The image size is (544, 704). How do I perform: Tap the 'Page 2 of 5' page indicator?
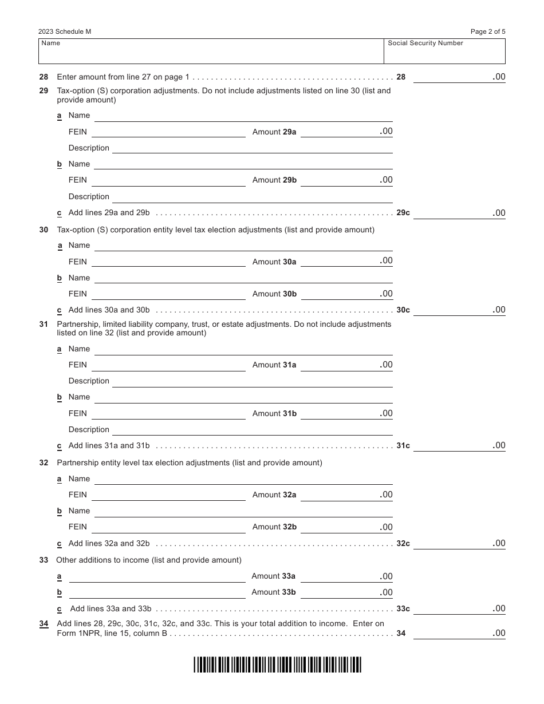point(488,32)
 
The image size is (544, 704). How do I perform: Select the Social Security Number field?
point(444,52)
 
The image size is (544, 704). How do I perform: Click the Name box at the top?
point(211,52)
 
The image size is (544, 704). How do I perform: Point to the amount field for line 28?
point(459,77)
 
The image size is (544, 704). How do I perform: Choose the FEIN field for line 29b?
point(168,180)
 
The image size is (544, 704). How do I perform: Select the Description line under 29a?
point(252,148)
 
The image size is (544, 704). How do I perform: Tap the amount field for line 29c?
point(459,213)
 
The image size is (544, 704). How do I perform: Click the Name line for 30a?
point(243,246)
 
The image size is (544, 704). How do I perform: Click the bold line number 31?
point(44,324)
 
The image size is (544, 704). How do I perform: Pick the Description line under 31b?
point(252,430)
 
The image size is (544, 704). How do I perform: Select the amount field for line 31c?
point(459,446)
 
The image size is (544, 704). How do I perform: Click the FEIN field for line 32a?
point(168,495)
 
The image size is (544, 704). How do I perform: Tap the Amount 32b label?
point(274,527)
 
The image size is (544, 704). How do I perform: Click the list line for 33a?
point(157,577)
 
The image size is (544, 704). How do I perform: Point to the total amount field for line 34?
point(459,634)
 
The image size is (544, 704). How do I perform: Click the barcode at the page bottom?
point(277,665)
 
